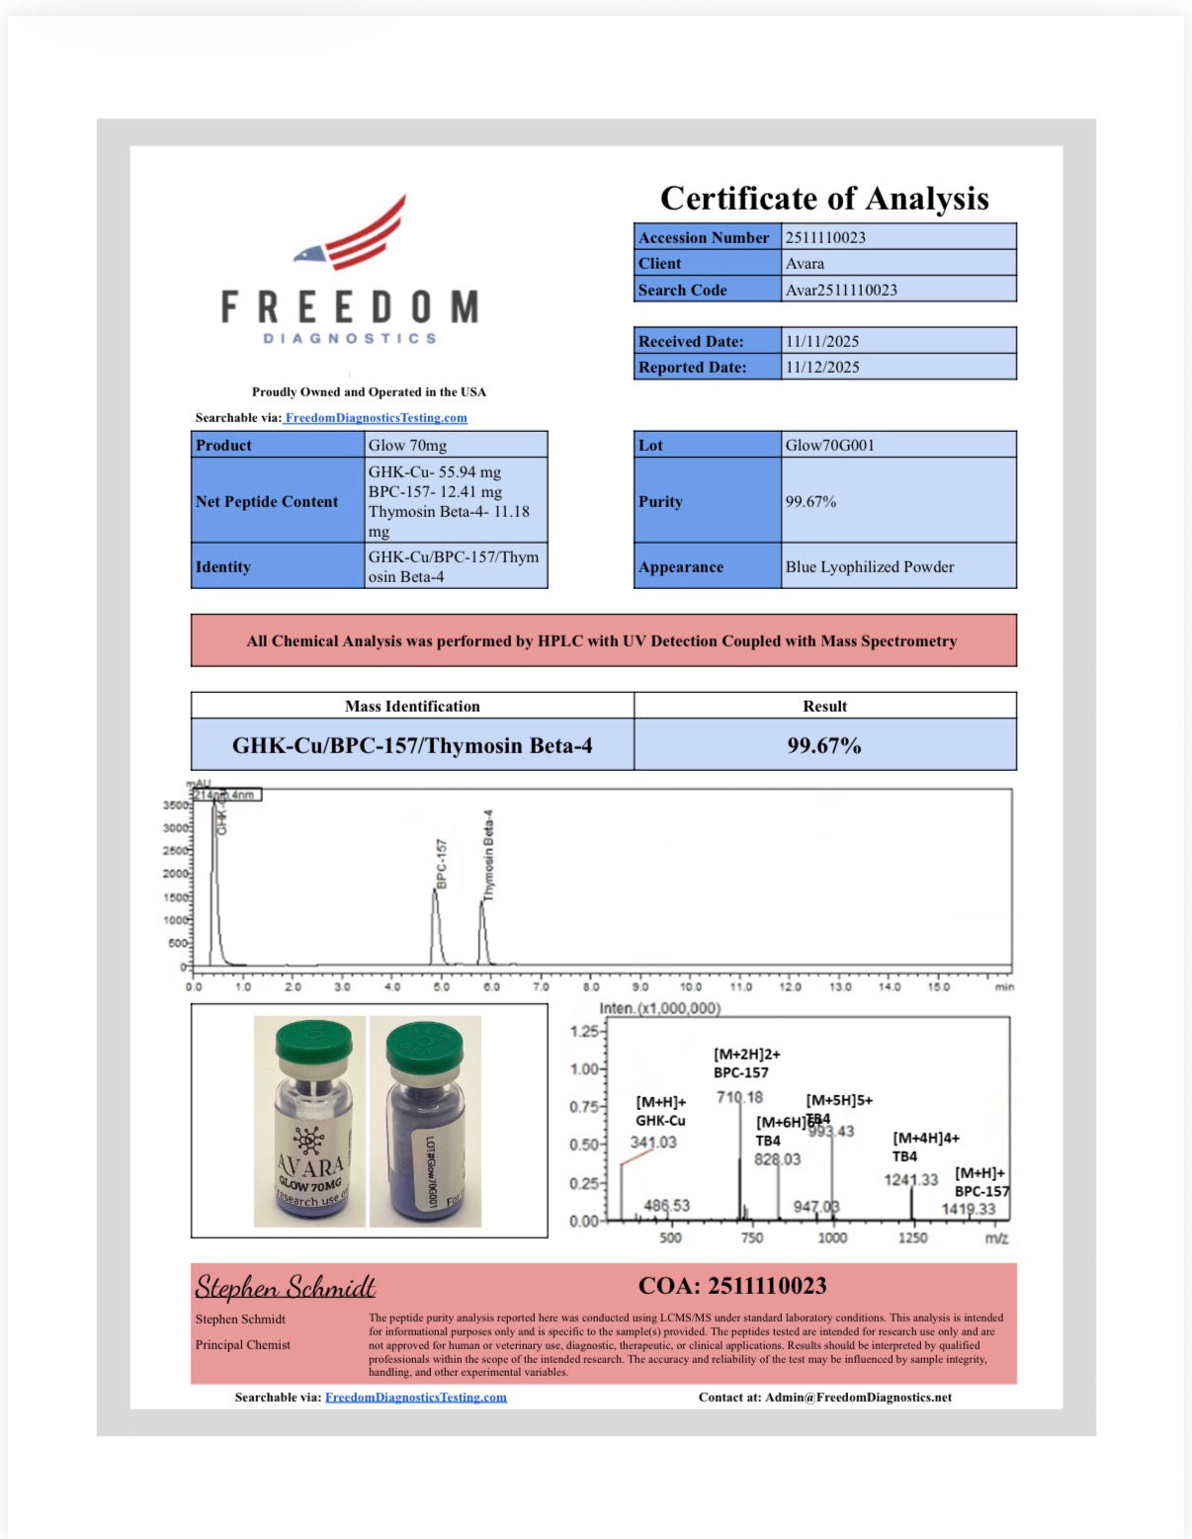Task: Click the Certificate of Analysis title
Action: (824, 199)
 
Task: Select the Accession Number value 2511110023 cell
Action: (897, 237)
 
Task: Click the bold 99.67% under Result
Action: (824, 745)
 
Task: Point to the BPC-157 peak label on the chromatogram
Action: (442, 864)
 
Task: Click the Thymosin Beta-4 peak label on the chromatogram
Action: (488, 855)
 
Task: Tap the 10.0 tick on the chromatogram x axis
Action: (690, 986)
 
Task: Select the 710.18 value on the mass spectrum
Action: (739, 1097)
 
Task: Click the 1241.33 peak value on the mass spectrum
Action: (910, 1179)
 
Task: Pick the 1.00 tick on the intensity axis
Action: (584, 1069)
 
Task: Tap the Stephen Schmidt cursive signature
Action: (285, 1286)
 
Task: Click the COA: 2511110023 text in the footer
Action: (732, 1286)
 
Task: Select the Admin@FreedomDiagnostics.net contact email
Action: (858, 1397)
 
